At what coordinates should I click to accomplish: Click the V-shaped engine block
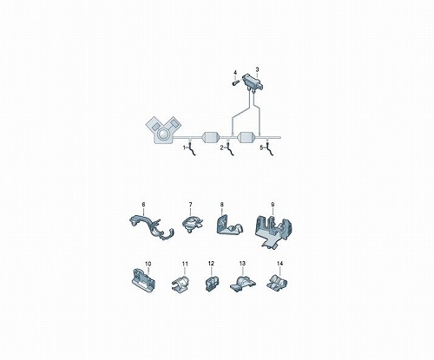coord(163,130)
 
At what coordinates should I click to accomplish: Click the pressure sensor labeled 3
coord(253,82)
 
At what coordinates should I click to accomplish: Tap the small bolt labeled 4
coord(234,82)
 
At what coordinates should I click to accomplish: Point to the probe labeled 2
coord(230,147)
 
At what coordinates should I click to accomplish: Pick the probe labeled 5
coord(269,147)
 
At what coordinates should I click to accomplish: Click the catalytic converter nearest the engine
coord(212,137)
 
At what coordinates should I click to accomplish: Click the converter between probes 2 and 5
coord(248,137)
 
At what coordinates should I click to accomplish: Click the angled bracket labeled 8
coord(228,225)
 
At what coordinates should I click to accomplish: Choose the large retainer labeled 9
coord(273,232)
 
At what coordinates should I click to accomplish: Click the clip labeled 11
coord(180,284)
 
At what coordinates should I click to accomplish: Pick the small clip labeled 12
coord(212,284)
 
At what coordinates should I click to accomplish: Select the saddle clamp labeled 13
coord(242,284)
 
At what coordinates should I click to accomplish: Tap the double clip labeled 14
coord(277,282)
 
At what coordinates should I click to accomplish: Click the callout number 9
coord(273,205)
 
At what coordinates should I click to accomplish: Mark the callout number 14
coord(279,264)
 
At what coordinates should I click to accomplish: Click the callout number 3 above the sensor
coord(257,69)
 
